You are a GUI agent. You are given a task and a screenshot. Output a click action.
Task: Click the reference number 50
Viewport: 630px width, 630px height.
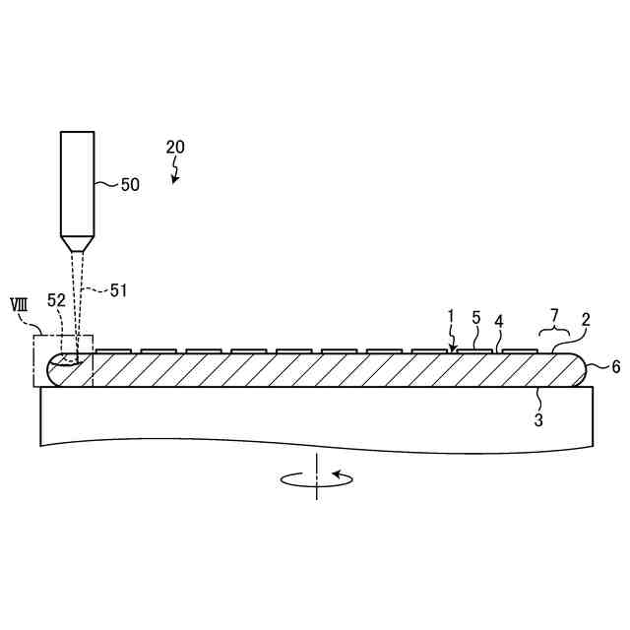coord(130,184)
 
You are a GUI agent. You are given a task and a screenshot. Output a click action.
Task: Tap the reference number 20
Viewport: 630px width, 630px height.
coord(175,148)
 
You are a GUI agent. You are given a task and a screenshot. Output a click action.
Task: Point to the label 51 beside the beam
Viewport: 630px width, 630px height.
coord(118,289)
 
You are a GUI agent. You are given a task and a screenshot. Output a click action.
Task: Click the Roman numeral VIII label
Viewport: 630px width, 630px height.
coord(18,304)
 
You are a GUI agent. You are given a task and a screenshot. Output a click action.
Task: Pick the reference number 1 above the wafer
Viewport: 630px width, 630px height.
coord(450,316)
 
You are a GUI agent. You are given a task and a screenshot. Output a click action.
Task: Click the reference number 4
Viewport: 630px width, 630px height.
coord(499,321)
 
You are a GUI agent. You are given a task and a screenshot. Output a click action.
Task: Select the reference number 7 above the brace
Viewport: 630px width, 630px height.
coord(554,314)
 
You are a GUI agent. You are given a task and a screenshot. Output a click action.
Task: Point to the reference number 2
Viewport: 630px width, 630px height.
coord(585,320)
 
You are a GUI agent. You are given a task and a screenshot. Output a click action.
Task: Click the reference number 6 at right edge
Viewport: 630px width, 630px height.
coord(615,366)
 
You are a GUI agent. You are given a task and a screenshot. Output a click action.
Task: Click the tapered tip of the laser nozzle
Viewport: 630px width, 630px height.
coord(77,242)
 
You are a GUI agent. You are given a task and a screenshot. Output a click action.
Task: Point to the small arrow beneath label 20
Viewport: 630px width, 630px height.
coord(176,174)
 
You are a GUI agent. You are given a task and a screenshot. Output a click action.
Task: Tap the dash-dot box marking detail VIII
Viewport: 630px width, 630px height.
coord(63,360)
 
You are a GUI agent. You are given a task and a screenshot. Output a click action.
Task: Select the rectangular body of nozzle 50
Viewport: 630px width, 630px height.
coord(77,182)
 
